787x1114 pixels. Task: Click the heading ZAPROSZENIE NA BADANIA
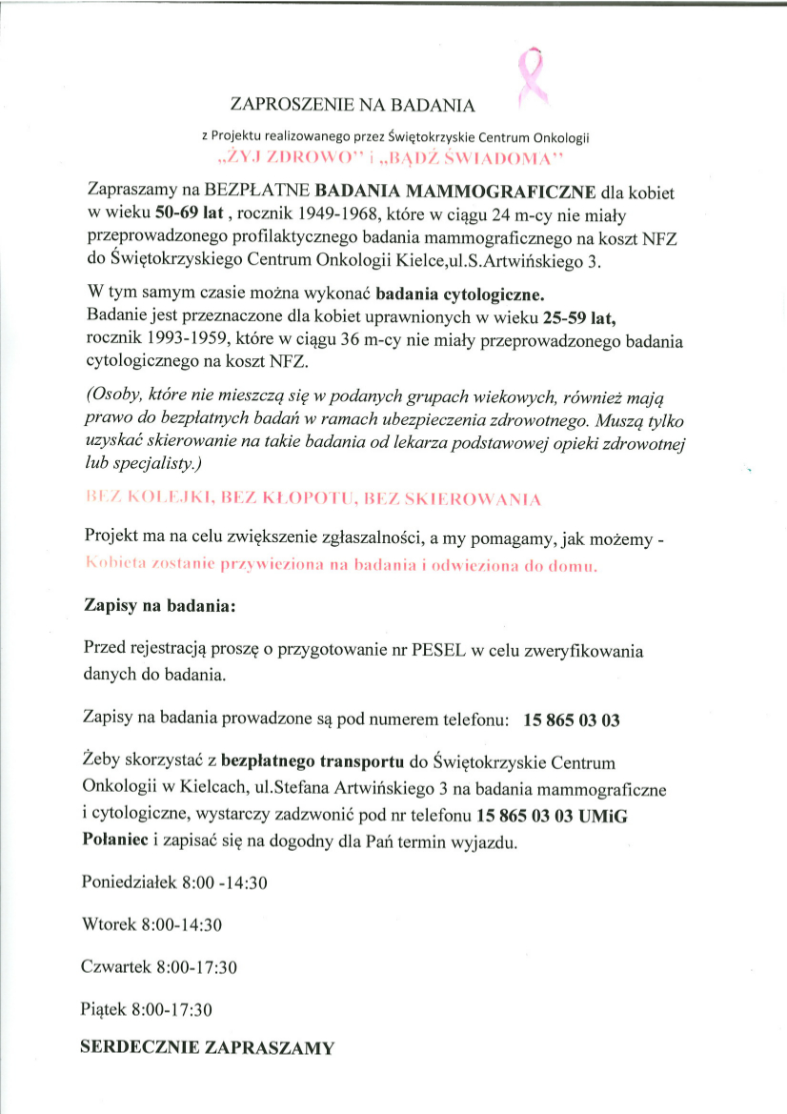click(x=353, y=103)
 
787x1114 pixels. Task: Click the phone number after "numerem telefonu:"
click(x=572, y=720)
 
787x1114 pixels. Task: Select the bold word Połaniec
click(x=117, y=840)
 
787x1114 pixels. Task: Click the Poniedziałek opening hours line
click(x=175, y=882)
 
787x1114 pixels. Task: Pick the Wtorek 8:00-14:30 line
click(x=152, y=924)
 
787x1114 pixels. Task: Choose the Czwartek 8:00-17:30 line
click(x=159, y=966)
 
